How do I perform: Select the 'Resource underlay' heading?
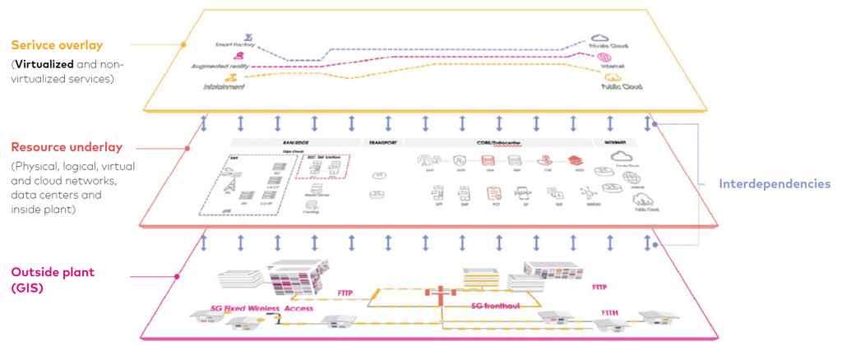[67, 147]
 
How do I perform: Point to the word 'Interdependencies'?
[775, 184]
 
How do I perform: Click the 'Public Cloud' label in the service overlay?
[622, 85]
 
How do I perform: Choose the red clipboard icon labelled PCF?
[493, 194]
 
